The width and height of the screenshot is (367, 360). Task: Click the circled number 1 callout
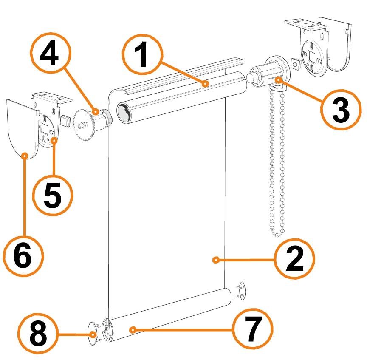pyautogui.click(x=142, y=54)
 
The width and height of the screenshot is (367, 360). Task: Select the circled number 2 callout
pyautogui.click(x=294, y=259)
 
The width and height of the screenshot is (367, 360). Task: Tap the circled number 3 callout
pyautogui.click(x=341, y=110)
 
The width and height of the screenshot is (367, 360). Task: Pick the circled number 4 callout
pyautogui.click(x=50, y=53)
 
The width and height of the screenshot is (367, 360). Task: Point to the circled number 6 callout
pyautogui.click(x=23, y=256)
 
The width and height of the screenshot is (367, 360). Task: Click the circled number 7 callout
pyautogui.click(x=253, y=329)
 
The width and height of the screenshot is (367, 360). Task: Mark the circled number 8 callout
pyautogui.click(x=38, y=333)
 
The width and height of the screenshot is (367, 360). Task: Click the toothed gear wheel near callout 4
pyautogui.click(x=84, y=125)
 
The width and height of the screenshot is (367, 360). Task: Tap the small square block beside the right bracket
pyautogui.click(x=296, y=64)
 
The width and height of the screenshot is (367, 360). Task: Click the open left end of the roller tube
pyautogui.click(x=124, y=113)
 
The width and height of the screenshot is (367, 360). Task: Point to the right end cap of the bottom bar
pyautogui.click(x=242, y=291)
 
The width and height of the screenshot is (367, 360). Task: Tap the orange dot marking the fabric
pyautogui.click(x=215, y=260)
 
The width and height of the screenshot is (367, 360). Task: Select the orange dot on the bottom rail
pyautogui.click(x=133, y=330)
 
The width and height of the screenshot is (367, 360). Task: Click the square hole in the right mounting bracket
pyautogui.click(x=312, y=56)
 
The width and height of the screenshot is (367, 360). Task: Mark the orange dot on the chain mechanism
pyautogui.click(x=279, y=80)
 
